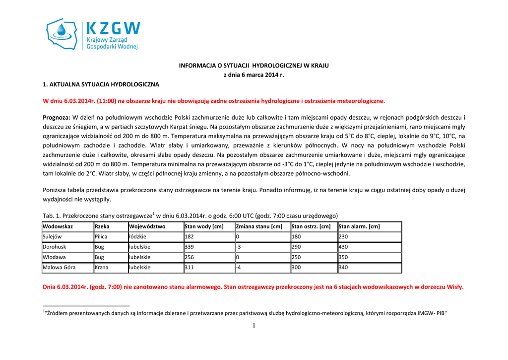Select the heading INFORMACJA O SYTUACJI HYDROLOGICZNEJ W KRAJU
pyautogui.click(x=254, y=65)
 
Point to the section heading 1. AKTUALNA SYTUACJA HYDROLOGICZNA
pyautogui.click(x=101, y=84)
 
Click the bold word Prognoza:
pyautogui.click(x=57, y=117)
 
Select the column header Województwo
pyautogui.click(x=147, y=226)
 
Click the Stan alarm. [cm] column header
pyautogui.click(x=359, y=226)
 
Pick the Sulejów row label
pyautogui.click(x=52, y=237)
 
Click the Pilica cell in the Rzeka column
pyautogui.click(x=101, y=237)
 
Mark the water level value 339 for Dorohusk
pyautogui.click(x=189, y=247)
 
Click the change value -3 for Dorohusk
pyautogui.click(x=239, y=247)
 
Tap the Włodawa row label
pyautogui.click(x=54, y=257)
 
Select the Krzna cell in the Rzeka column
pyautogui.click(x=101, y=268)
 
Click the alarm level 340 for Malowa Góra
pyautogui.click(x=343, y=268)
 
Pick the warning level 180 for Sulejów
pyautogui.click(x=296, y=237)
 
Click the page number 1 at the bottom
pyautogui.click(x=254, y=326)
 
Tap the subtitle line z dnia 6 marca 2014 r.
pyautogui.click(x=254, y=75)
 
